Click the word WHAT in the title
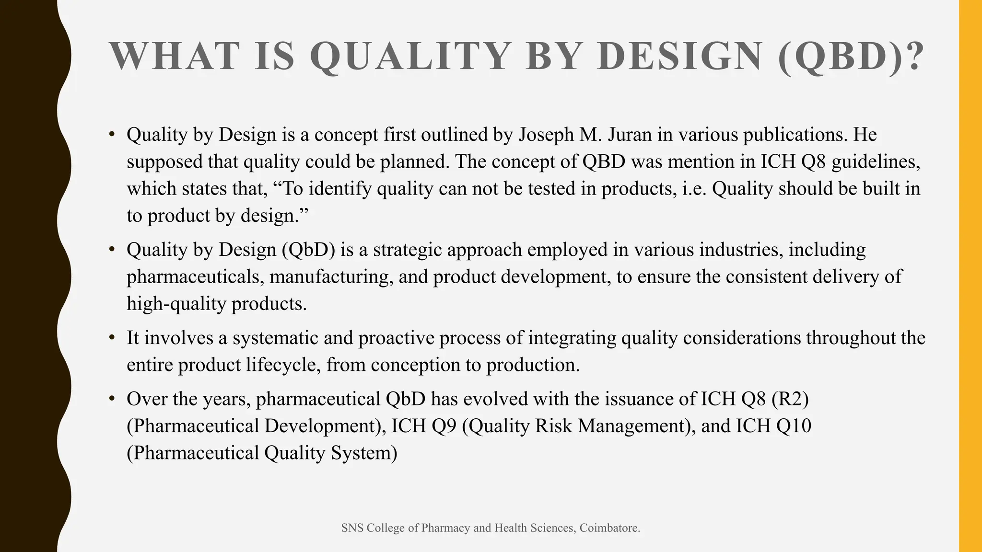pos(175,57)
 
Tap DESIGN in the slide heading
pos(679,57)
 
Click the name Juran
pos(630,135)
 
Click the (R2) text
pos(790,399)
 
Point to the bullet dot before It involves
pos(112,338)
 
